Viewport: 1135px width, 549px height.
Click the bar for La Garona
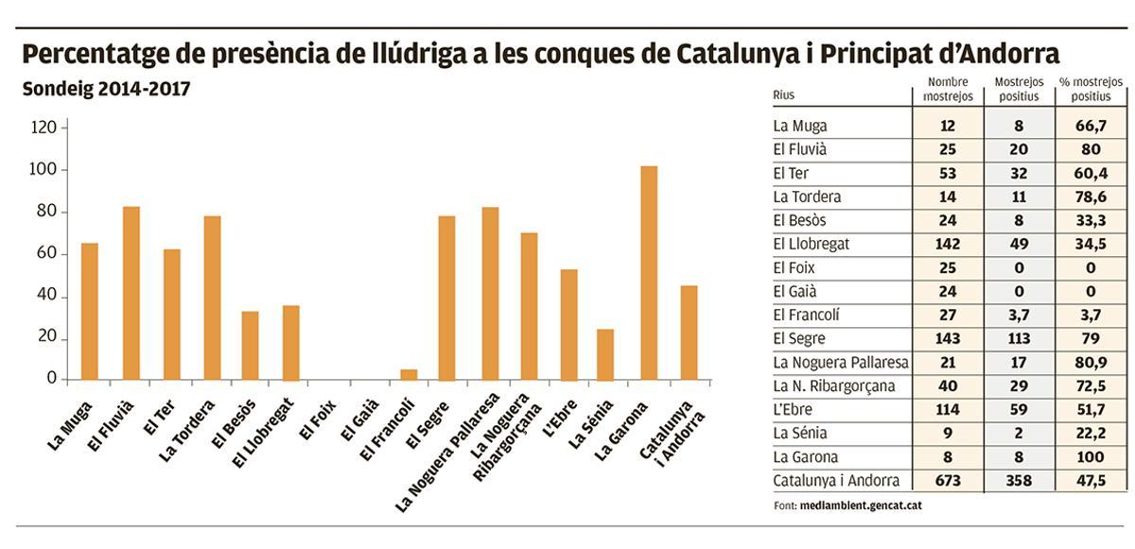[x=649, y=273]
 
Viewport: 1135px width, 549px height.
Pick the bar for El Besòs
[x=250, y=346]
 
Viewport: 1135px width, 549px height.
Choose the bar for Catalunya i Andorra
[x=689, y=333]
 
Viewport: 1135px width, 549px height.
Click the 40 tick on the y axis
[x=48, y=297]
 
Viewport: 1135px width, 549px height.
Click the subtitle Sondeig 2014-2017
[x=106, y=90]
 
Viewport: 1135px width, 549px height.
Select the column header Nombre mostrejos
[x=947, y=89]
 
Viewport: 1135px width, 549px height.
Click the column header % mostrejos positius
[x=1091, y=89]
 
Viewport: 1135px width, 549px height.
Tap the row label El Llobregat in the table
[x=811, y=244]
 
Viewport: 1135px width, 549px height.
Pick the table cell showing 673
[x=947, y=481]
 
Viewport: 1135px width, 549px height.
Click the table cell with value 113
[x=1019, y=338]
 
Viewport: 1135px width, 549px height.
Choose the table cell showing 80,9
[x=1091, y=362]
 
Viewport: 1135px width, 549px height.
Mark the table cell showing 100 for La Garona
[x=1091, y=457]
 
